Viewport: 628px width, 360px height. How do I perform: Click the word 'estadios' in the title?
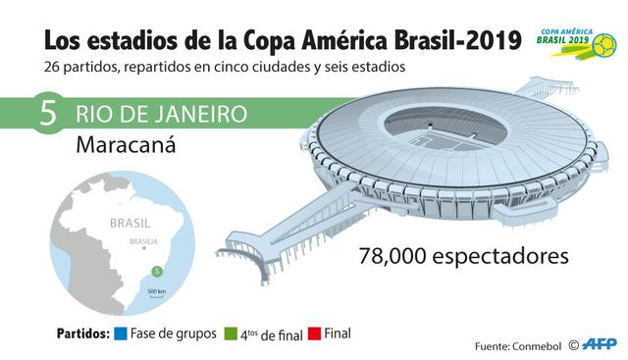pyautogui.click(x=134, y=42)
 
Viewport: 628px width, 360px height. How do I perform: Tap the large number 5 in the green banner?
pyautogui.click(x=46, y=114)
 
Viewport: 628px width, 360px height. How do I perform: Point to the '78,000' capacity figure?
pyautogui.click(x=396, y=257)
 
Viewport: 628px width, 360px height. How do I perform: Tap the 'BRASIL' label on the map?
pyautogui.click(x=131, y=223)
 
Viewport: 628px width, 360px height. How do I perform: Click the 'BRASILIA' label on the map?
pyautogui.click(x=144, y=241)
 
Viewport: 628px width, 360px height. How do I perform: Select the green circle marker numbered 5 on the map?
pyautogui.click(x=155, y=271)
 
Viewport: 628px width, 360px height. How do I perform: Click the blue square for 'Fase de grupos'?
pyautogui.click(x=121, y=334)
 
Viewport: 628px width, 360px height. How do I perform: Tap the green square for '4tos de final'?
pyautogui.click(x=231, y=334)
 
